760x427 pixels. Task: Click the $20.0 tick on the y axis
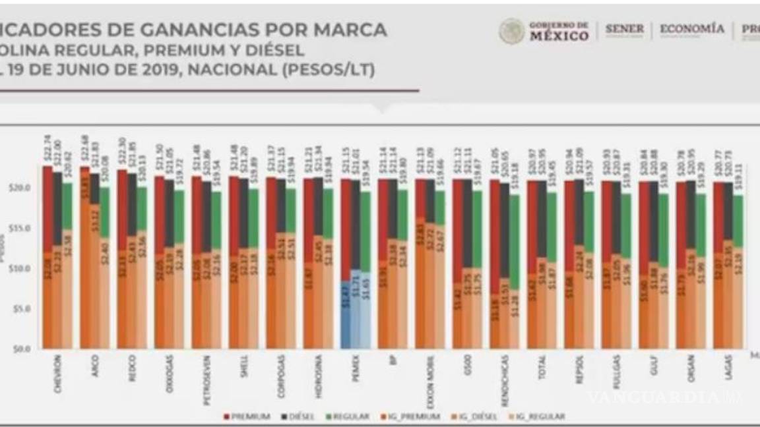(24, 188)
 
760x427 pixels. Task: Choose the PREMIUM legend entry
(247, 416)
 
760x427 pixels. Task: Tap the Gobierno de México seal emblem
(511, 31)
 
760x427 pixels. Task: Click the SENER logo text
(624, 30)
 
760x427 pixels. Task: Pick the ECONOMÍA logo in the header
(691, 29)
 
